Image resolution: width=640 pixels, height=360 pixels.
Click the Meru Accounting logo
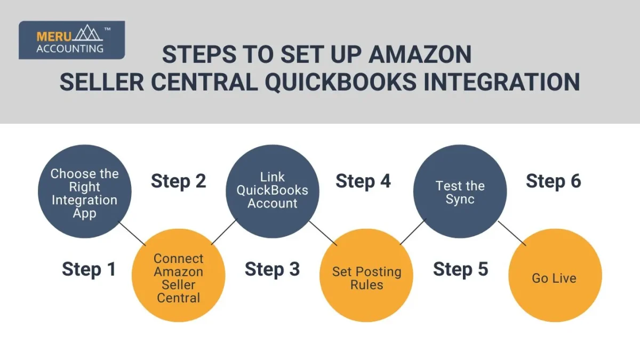click(x=71, y=40)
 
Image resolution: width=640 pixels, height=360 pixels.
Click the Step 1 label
click(x=89, y=269)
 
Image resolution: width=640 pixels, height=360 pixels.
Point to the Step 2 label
click(x=178, y=181)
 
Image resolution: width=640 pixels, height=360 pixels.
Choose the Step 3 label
click(x=272, y=269)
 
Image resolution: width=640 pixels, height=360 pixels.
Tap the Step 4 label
click(x=363, y=181)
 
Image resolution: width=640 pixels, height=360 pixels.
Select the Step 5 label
click(x=460, y=269)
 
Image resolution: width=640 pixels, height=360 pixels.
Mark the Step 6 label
click(x=554, y=181)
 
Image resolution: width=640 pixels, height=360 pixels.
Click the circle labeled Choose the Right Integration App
click(x=84, y=192)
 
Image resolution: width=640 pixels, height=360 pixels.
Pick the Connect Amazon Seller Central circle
click(x=179, y=276)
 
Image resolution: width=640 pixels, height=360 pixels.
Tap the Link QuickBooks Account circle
click(x=273, y=191)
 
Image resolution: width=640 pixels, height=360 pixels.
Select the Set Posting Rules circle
click(x=366, y=277)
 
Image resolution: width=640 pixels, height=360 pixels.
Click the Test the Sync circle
click(x=460, y=192)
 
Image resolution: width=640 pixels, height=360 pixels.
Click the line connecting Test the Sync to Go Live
click(x=512, y=234)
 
